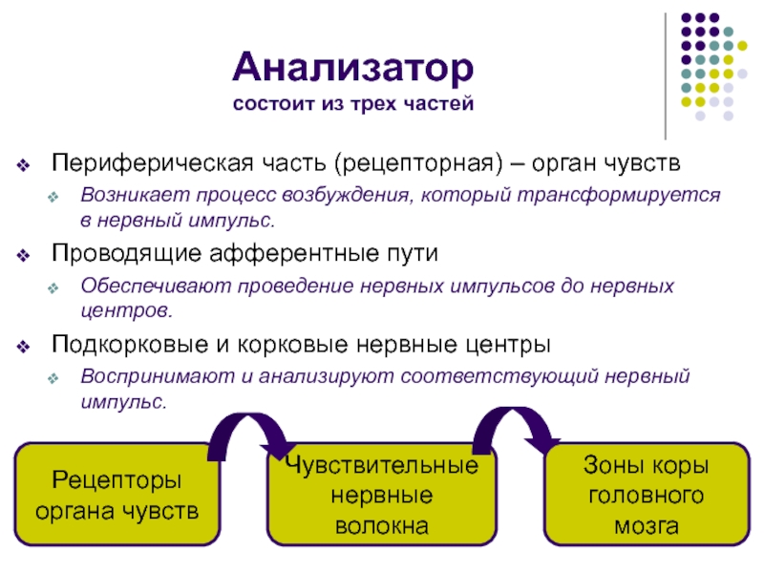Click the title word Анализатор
pos(352,69)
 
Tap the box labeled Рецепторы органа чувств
pos(117,495)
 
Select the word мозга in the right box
pos(647,525)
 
